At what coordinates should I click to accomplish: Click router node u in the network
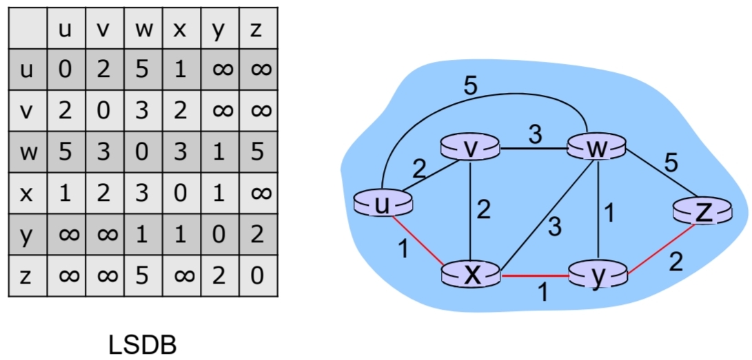coord(383,203)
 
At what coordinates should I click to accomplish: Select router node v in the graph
coord(469,148)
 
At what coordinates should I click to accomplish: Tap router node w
coord(596,148)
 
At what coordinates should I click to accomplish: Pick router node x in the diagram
coord(471,275)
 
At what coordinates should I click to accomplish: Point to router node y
coord(598,275)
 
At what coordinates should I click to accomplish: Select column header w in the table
coord(143,30)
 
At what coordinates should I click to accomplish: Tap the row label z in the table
coord(26,277)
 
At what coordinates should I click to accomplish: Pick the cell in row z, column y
coord(219,277)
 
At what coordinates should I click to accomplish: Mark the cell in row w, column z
coord(258,152)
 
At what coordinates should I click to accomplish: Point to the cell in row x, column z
coord(258,193)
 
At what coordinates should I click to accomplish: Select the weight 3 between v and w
coord(534,134)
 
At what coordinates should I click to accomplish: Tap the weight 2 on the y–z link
coord(675,262)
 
